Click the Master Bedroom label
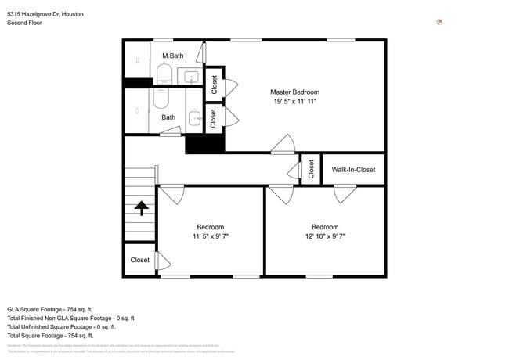click(x=294, y=92)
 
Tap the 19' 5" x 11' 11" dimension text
click(x=294, y=102)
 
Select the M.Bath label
click(x=173, y=56)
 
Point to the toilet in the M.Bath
click(x=164, y=74)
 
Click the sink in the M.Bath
click(x=192, y=77)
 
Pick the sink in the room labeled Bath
click(x=193, y=119)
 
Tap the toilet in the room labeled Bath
click(x=161, y=99)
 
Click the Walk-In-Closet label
click(x=353, y=170)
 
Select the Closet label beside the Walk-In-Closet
click(x=311, y=169)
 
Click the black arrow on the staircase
click(x=141, y=207)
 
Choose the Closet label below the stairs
click(x=139, y=260)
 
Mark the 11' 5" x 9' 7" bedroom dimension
click(x=210, y=236)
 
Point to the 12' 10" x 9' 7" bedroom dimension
click(x=324, y=236)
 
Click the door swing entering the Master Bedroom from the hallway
click(x=283, y=144)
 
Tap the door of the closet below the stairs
click(x=163, y=260)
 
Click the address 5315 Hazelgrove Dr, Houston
click(x=45, y=14)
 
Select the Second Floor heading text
click(x=24, y=23)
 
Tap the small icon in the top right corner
click(x=439, y=22)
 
